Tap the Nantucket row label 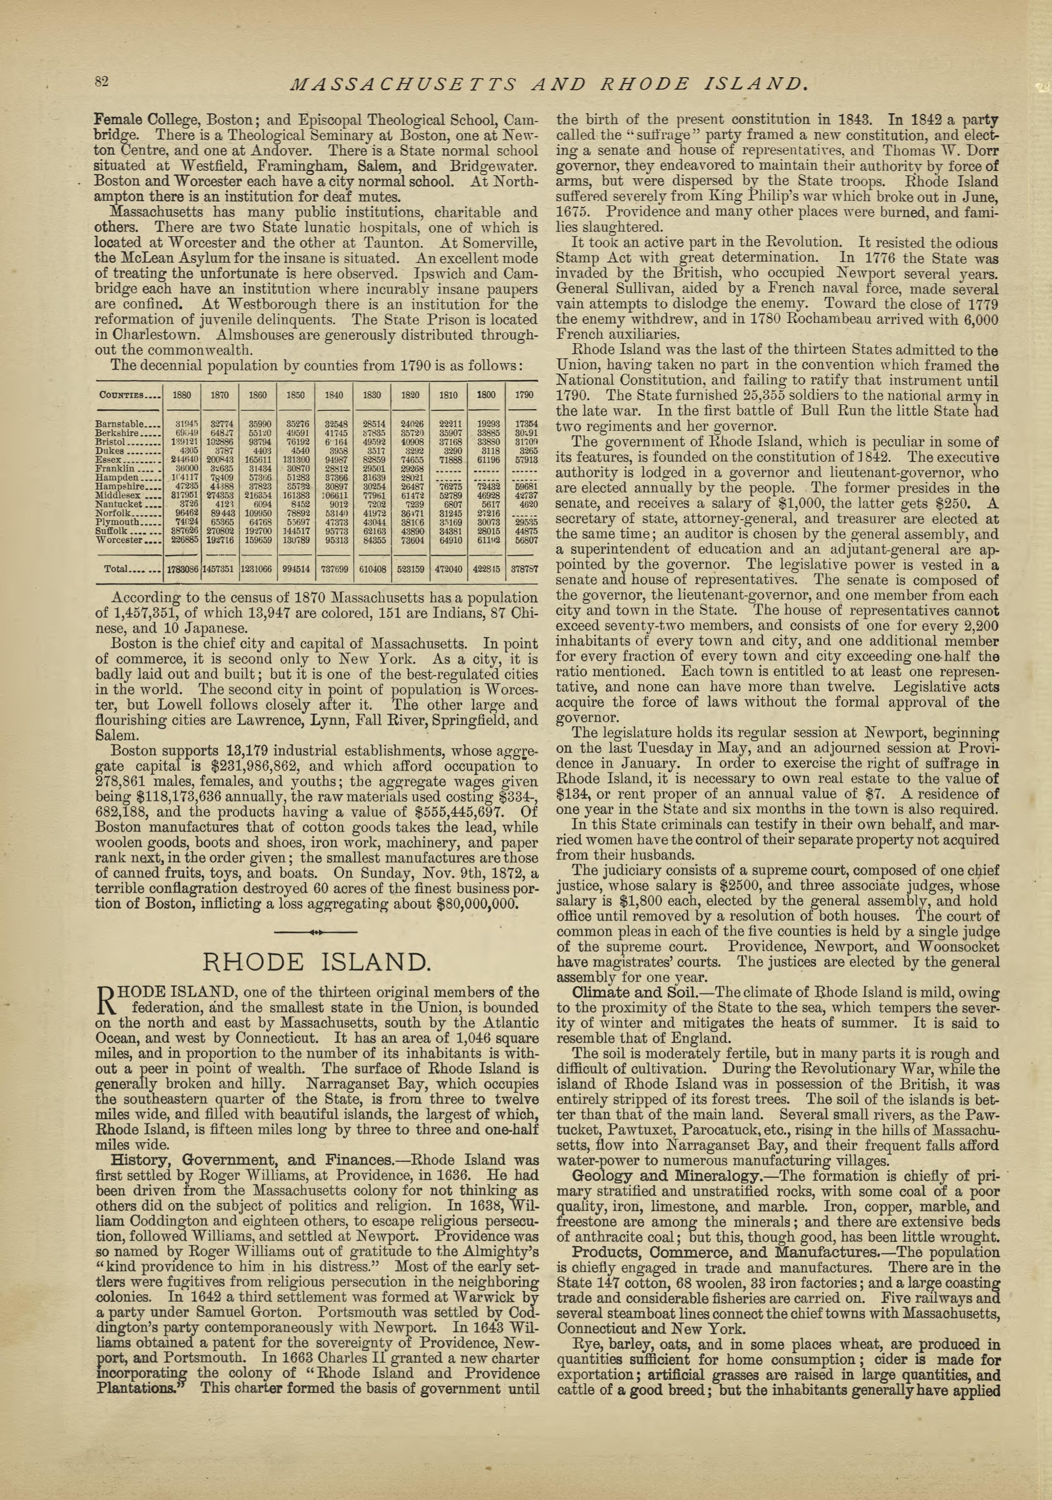point(127,504)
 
